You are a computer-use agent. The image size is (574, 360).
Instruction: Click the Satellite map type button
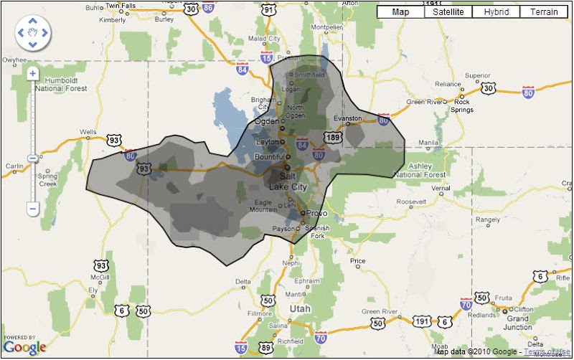point(448,12)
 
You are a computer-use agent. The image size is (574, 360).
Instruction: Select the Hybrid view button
point(496,12)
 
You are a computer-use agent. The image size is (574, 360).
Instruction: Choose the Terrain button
point(544,12)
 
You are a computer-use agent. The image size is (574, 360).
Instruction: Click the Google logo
point(25,346)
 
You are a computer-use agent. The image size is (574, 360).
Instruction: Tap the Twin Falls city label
point(121,6)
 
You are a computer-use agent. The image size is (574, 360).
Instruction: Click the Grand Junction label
point(518,323)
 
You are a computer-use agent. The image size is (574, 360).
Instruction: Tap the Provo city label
point(316,213)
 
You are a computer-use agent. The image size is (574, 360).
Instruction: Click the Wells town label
point(88,133)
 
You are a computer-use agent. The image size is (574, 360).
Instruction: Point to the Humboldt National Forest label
point(66,84)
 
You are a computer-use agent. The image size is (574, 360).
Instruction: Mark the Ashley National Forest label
point(420,170)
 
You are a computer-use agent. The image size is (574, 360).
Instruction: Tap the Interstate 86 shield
point(208,9)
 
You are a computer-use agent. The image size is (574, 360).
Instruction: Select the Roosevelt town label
point(411,202)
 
